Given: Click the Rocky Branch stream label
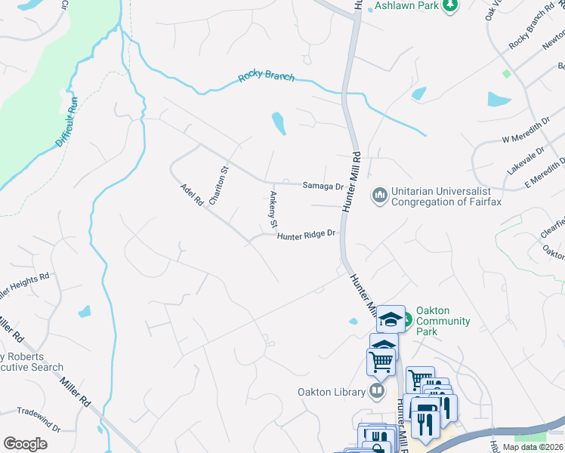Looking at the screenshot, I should (266, 77).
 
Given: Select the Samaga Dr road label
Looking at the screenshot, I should (323, 186).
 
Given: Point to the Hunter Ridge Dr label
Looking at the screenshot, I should (306, 236).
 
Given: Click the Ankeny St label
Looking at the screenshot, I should (273, 208).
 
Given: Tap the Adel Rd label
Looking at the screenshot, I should (192, 195).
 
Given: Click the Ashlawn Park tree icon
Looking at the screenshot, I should (450, 6).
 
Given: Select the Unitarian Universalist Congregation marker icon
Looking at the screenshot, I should (379, 196).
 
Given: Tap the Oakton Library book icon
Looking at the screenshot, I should (376, 390).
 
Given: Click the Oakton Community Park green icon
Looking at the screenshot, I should (406, 318).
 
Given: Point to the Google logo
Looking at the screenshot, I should (25, 444).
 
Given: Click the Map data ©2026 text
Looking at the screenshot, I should (533, 447).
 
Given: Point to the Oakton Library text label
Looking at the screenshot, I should (331, 392).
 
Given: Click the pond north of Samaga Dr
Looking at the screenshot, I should (279, 123).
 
